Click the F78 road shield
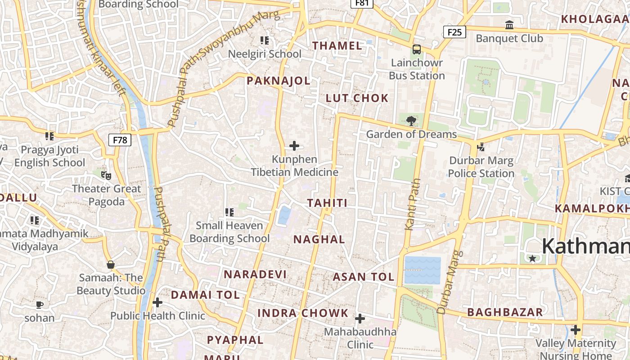click(x=120, y=139)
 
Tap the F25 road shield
click(x=454, y=32)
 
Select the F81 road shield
click(x=362, y=3)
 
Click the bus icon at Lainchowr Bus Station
click(x=417, y=49)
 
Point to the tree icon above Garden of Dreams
click(x=410, y=121)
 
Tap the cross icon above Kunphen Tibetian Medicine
click(x=294, y=146)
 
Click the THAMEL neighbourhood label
click(x=337, y=45)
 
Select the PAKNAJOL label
click(x=279, y=81)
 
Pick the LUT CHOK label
click(x=357, y=98)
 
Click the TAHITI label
click(x=327, y=203)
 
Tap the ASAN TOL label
click(x=364, y=277)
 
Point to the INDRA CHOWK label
click(x=303, y=313)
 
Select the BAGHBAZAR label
click(x=505, y=312)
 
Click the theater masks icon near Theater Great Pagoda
click(x=106, y=175)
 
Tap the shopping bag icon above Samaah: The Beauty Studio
click(x=110, y=265)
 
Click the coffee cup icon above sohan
click(x=40, y=305)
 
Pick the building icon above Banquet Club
click(x=509, y=25)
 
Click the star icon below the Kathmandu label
click(x=532, y=258)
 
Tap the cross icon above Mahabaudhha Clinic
click(x=360, y=319)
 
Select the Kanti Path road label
click(x=413, y=205)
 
